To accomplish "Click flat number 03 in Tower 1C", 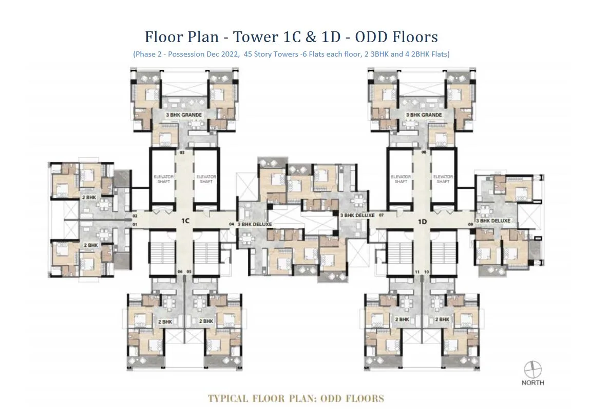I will click(x=181, y=153).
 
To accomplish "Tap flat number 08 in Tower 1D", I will click(x=424, y=153).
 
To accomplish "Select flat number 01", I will click(x=135, y=225).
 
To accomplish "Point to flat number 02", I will click(x=135, y=217).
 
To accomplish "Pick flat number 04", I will click(x=232, y=224).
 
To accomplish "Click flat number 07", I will click(x=382, y=216).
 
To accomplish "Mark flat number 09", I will click(x=470, y=225).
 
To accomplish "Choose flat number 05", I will click(x=189, y=271).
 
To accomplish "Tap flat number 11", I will click(x=417, y=271).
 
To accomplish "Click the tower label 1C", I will click(x=186, y=221).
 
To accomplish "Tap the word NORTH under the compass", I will click(x=532, y=383).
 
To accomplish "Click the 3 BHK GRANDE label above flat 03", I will click(x=183, y=115).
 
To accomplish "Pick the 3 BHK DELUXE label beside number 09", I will click(x=493, y=221).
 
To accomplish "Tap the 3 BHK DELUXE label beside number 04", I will click(x=255, y=224).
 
